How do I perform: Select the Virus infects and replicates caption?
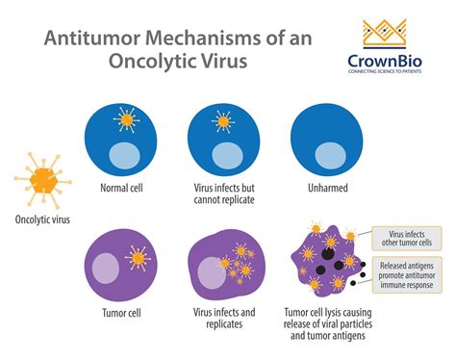coord(225,318)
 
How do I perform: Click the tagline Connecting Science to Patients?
coord(390,79)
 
